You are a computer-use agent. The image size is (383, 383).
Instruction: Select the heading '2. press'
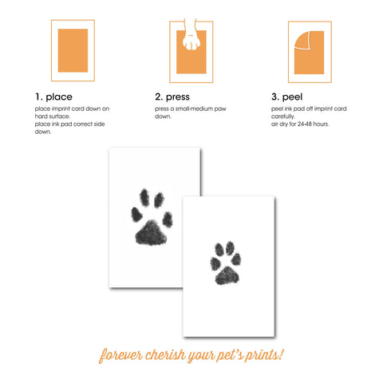click(173, 97)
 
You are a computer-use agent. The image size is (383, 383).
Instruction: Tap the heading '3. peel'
click(287, 97)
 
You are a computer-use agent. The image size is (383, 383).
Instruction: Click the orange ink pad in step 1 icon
click(73, 50)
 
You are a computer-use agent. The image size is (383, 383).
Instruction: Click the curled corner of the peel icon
click(299, 38)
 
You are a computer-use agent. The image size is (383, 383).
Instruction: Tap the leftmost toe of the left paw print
click(133, 215)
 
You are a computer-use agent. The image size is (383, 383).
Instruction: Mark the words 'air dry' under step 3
click(282, 124)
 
